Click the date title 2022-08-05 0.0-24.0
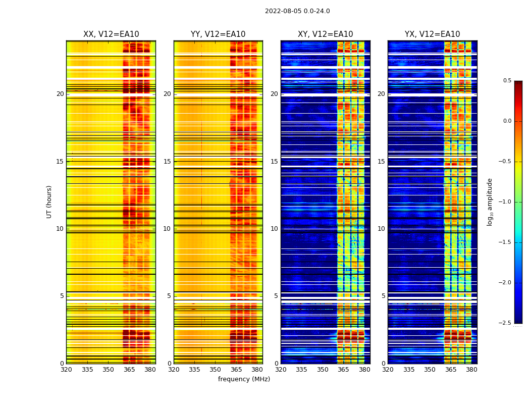click(x=297, y=11)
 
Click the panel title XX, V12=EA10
click(x=111, y=34)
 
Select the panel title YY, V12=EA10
click(x=218, y=34)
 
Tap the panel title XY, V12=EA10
click(x=325, y=34)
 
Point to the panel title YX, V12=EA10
click(x=432, y=34)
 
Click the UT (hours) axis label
click(x=49, y=201)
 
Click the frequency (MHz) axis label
click(x=244, y=379)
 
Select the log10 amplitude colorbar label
click(x=490, y=201)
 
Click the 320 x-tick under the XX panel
click(x=66, y=370)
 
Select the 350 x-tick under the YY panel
click(x=216, y=370)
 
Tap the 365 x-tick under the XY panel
click(x=344, y=370)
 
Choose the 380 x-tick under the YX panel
click(x=471, y=370)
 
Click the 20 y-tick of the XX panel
click(x=60, y=94)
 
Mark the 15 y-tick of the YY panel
click(x=167, y=162)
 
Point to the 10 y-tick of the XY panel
click(x=274, y=229)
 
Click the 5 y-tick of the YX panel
click(x=383, y=296)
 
